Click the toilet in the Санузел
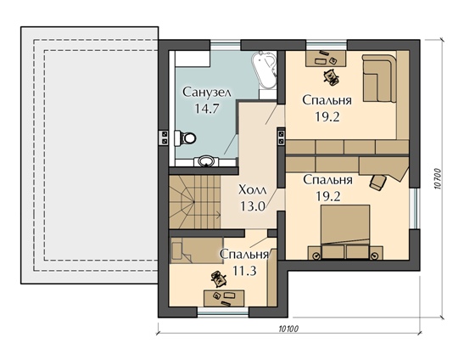185,138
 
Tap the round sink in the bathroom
208,160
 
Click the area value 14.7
207,109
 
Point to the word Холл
253,190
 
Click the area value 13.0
253,206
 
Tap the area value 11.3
244,271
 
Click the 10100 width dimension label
288,329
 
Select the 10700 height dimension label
438,179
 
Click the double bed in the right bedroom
345,232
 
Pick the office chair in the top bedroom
331,76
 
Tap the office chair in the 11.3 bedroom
219,278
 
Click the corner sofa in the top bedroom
380,78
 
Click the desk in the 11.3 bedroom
224,298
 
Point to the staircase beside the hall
194,202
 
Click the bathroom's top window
226,45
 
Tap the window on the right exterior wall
415,209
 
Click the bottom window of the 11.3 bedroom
223,312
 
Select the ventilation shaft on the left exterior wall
164,138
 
